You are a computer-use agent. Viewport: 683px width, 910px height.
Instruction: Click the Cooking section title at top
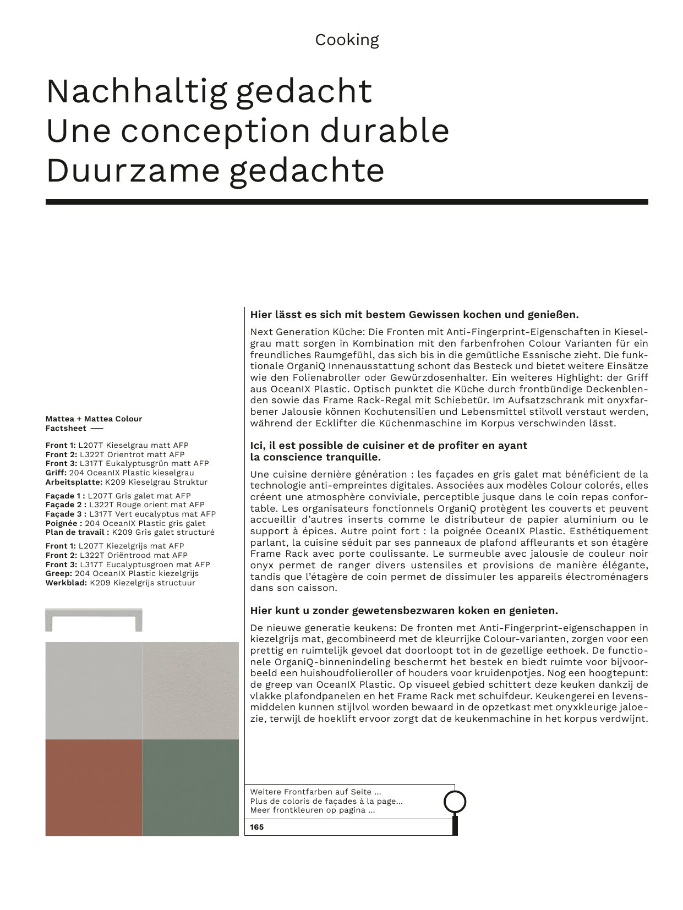tap(347, 40)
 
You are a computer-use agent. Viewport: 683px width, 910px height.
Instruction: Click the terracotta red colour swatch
tap(94, 787)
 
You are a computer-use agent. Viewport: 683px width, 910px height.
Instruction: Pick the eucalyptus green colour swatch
tap(190, 787)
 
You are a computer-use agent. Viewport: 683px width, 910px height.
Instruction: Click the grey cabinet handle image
tap(94, 620)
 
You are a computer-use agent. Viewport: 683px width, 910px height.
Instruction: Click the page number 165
tap(257, 827)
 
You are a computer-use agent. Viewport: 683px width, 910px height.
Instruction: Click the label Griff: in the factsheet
tap(56, 473)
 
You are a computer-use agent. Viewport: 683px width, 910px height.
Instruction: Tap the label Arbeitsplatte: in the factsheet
tap(74, 482)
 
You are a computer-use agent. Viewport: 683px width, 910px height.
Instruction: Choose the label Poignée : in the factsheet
tap(64, 523)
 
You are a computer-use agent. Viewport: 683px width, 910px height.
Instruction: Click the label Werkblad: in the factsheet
tap(66, 583)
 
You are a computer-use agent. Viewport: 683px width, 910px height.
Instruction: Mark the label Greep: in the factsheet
tap(58, 573)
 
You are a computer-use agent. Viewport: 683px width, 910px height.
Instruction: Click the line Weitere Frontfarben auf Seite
tap(315, 792)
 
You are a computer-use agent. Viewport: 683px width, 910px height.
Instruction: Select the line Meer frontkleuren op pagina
tap(313, 810)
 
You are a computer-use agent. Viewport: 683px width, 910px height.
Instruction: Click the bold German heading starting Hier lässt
tap(414, 315)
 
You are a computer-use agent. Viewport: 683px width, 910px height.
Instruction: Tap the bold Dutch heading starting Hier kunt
tap(404, 610)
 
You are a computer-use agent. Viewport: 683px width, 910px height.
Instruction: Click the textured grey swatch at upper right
tap(190, 690)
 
